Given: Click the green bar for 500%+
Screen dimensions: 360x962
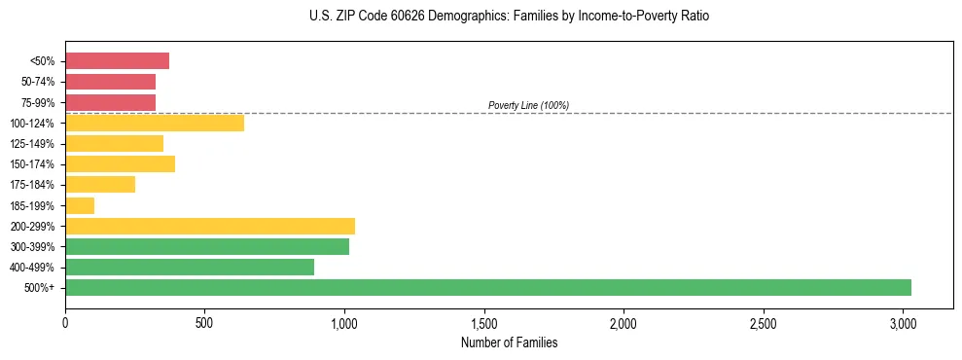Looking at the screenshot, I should click(x=487, y=287).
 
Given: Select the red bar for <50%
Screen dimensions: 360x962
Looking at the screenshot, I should click(x=117, y=61).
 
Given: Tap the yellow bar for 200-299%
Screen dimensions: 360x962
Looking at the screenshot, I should click(x=209, y=226).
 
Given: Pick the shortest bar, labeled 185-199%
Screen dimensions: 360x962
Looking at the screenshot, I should click(x=80, y=205).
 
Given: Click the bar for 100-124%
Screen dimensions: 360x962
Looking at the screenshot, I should click(x=154, y=123).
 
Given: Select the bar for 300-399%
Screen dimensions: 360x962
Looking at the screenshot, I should click(x=206, y=246).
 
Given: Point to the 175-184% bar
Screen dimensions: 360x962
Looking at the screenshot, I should click(x=100, y=185).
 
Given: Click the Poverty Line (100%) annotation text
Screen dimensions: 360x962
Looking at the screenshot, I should click(x=528, y=105).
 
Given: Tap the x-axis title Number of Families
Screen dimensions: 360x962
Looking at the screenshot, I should click(x=509, y=342).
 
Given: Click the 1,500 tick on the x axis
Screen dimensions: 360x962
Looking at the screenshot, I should click(x=484, y=322).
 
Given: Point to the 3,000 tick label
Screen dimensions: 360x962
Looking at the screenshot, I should click(x=903, y=322).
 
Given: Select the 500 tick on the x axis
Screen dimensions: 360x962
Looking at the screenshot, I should click(x=204, y=322).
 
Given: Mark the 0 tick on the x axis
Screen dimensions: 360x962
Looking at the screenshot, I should click(x=65, y=322).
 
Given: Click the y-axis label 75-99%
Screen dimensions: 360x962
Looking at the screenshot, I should click(x=37, y=103).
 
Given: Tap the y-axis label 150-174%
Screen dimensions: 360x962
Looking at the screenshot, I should click(x=33, y=164).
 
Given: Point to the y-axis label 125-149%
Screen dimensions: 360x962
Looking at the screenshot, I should click(x=33, y=144).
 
